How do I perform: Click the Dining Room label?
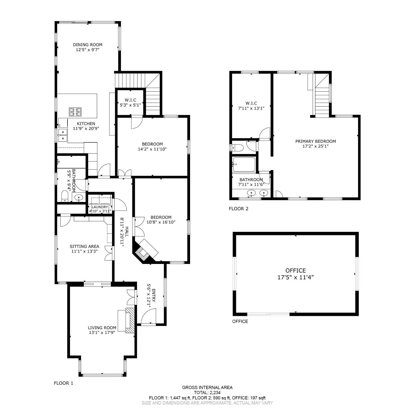click(87, 45)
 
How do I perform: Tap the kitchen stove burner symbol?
click(75, 112)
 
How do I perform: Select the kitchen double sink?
click(63, 135)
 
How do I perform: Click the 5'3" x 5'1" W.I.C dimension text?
click(130, 105)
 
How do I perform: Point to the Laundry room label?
click(100, 207)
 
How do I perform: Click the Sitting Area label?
click(84, 246)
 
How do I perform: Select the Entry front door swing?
click(149, 316)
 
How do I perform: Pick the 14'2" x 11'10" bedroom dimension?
click(152, 149)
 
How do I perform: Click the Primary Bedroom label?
click(315, 141)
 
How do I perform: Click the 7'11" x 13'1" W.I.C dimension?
click(251, 108)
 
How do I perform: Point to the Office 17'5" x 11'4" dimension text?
click(295, 277)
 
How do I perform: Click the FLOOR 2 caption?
click(238, 209)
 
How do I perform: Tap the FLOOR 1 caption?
click(63, 383)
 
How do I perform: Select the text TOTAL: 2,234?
click(207, 392)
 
